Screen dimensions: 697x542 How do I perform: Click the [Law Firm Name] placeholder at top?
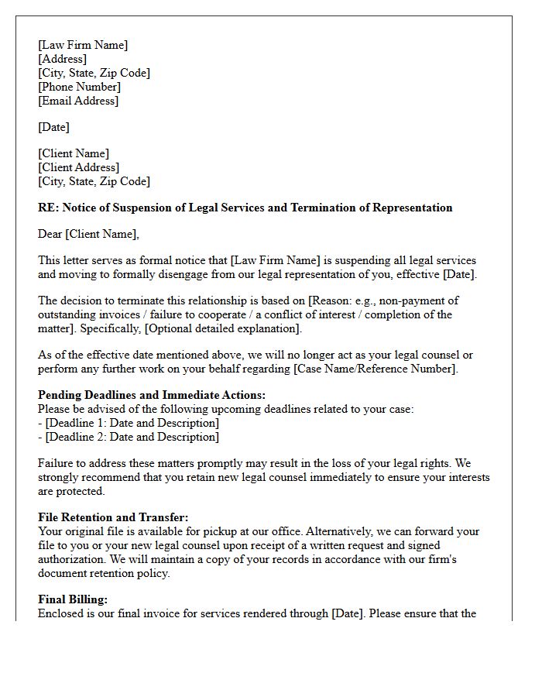point(83,45)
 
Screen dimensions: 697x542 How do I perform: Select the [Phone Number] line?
point(79,87)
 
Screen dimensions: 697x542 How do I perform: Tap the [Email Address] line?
point(78,101)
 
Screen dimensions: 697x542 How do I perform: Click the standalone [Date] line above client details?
point(53,127)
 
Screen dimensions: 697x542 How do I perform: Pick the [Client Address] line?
point(78,167)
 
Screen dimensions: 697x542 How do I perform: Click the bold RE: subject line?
point(245,208)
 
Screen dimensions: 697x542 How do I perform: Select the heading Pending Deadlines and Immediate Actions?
point(152,395)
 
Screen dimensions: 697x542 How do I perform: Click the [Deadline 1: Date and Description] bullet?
point(132,423)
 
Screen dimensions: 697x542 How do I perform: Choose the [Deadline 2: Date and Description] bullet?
point(132,437)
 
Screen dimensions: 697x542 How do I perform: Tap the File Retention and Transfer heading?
point(113,517)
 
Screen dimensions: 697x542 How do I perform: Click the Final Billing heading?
point(73,599)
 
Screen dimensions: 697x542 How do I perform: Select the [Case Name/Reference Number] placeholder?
point(375,369)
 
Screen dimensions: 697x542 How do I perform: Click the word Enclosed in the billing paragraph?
point(61,614)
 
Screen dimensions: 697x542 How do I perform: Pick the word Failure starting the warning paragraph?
point(57,463)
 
